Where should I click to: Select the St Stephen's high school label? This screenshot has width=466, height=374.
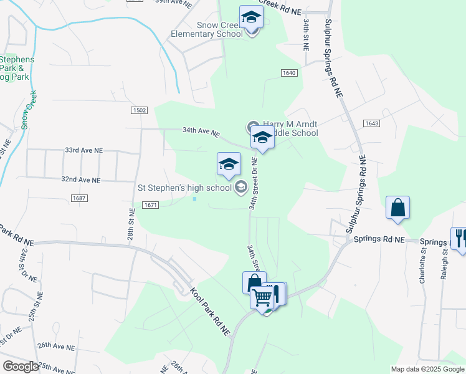coord(184,187)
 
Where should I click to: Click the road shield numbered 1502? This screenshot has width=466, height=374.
coord(140,110)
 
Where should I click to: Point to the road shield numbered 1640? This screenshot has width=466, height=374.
coord(288,73)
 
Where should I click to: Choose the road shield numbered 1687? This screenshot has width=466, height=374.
coord(79,198)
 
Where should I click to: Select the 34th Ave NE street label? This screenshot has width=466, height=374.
coord(201,132)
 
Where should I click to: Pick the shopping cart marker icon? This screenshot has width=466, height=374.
coord(262,297)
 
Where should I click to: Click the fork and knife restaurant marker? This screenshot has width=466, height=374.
coord(460,237)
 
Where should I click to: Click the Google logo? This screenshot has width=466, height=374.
coord(21,367)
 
